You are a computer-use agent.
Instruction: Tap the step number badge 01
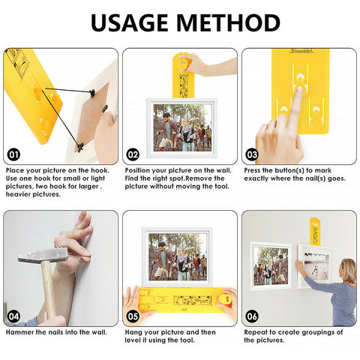tap(13, 155)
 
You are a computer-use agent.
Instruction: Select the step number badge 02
tap(133, 155)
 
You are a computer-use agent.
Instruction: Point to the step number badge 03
tap(251, 155)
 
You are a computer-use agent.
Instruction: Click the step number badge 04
tap(13, 316)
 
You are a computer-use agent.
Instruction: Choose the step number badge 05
tap(133, 316)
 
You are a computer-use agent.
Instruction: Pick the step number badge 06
tap(251, 316)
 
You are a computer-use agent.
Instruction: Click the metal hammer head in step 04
tap(42, 256)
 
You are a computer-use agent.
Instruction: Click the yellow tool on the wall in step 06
tap(315, 230)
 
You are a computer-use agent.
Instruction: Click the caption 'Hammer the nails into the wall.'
tap(56, 331)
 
